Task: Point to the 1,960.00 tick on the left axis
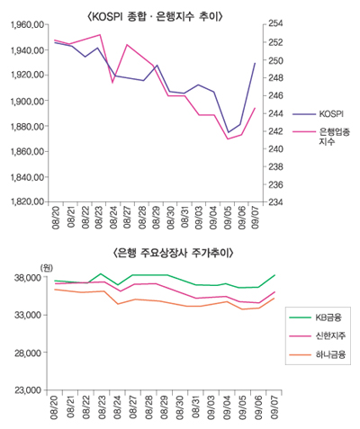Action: (25, 24)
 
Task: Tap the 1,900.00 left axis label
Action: (25, 101)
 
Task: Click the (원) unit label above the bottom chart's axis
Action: (46, 266)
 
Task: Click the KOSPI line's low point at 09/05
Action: (228, 133)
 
